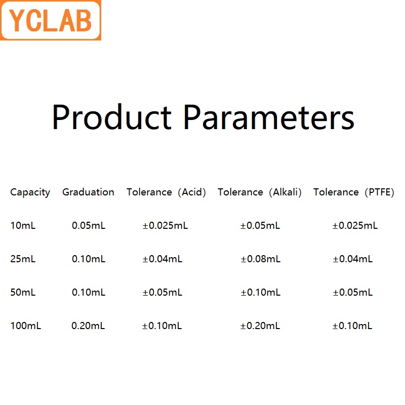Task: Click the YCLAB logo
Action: point(51,21)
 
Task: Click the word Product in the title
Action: point(112,117)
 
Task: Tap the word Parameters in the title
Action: point(268,117)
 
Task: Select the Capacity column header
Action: point(30,192)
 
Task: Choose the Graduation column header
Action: point(88,192)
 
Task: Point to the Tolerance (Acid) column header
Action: point(166,192)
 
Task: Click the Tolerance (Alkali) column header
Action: point(260,192)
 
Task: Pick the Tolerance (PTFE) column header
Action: point(353,192)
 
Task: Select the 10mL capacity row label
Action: point(23,226)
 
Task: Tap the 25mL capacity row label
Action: point(23,259)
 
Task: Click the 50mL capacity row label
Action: point(23,293)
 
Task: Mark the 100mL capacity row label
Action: point(25,326)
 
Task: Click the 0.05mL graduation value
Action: point(89,226)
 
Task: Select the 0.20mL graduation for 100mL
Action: point(88,326)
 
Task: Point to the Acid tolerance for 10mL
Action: point(165,226)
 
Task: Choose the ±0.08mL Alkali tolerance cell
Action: point(260,259)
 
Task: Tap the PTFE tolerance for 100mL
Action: point(352,326)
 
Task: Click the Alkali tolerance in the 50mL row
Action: point(260,293)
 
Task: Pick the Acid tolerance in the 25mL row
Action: point(163,259)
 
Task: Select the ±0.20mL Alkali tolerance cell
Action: point(260,326)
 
